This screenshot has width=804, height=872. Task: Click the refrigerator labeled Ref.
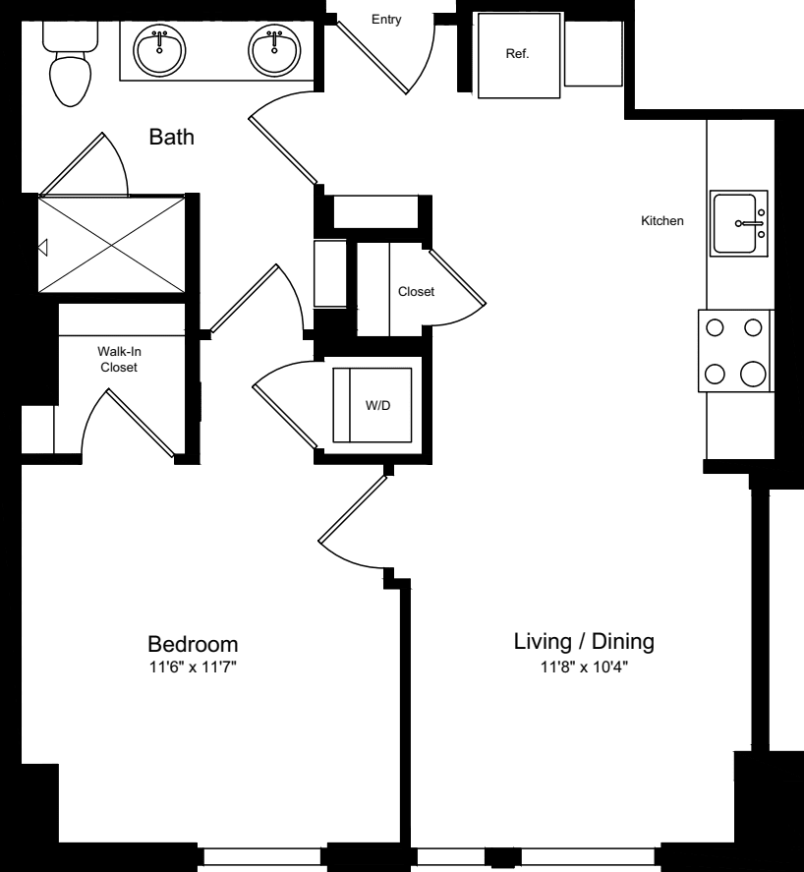tap(517, 55)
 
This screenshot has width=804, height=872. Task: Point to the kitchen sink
tap(738, 224)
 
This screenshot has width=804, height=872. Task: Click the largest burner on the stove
tap(754, 374)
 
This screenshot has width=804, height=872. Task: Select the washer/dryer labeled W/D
tap(373, 405)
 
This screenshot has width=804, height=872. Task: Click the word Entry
tap(385, 19)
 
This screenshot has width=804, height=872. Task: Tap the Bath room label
tap(171, 137)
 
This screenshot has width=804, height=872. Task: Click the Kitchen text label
tap(661, 221)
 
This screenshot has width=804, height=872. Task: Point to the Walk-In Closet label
tap(117, 359)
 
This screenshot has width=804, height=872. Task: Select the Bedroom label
tap(193, 645)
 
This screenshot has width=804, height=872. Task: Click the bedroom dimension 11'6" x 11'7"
tap(193, 668)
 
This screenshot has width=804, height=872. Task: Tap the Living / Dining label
tap(584, 642)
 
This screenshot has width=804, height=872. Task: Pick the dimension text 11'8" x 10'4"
tap(584, 667)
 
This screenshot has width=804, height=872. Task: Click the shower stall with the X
tap(110, 243)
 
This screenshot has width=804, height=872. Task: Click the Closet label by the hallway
tap(416, 292)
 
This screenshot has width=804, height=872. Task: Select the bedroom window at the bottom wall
tap(262, 857)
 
